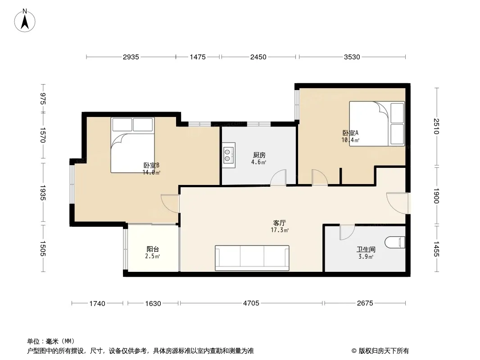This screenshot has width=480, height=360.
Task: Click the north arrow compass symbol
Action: (x=25, y=21)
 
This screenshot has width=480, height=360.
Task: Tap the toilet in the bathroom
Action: (x=395, y=242)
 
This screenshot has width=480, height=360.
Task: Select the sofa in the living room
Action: (x=252, y=258)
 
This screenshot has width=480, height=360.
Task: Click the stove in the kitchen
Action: (x=229, y=155)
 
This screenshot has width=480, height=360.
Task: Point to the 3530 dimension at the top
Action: (x=352, y=57)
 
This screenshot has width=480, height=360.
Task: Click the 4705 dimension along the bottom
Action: (x=251, y=303)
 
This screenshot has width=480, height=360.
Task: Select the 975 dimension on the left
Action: (x=42, y=99)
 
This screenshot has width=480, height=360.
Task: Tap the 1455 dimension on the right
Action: (x=436, y=249)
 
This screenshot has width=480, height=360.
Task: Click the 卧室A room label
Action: (x=350, y=133)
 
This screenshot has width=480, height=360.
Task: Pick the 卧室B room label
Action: (x=151, y=166)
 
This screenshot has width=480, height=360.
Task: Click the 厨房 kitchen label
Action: (x=259, y=155)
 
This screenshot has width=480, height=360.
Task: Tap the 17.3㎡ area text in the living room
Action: (x=280, y=230)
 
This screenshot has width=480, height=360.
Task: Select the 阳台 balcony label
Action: (x=153, y=249)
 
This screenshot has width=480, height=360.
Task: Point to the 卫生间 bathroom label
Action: (x=366, y=250)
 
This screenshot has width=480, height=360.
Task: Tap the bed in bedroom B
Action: (x=132, y=145)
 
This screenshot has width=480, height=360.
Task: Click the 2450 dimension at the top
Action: (x=258, y=57)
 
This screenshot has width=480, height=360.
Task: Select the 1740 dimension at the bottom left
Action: (x=97, y=303)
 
